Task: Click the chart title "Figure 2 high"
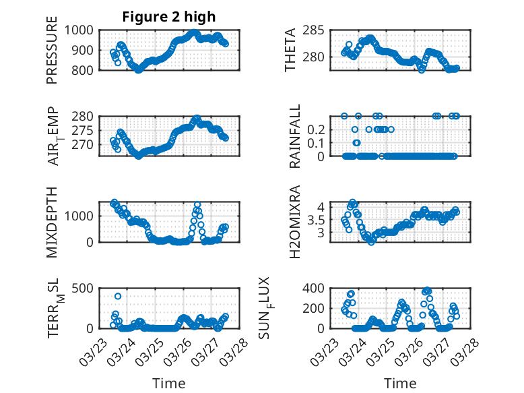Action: [169, 17]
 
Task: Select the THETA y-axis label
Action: [290, 50]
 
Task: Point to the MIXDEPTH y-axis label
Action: [52, 222]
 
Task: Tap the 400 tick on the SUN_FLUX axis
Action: [317, 289]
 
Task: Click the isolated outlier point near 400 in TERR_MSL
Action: [118, 296]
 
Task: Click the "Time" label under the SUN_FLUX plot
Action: [400, 383]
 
